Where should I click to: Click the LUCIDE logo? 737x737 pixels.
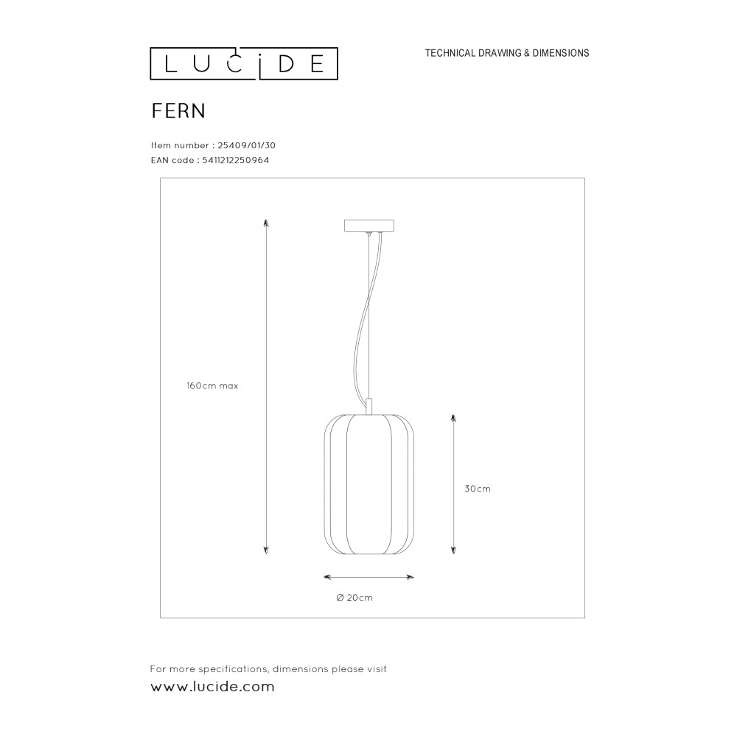point(244,63)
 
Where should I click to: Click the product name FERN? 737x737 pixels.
point(178,111)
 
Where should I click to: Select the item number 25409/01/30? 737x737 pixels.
point(246,146)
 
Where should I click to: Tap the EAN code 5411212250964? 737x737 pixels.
point(236,160)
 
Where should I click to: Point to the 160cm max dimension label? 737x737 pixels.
point(212,386)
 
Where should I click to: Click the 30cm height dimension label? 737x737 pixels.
point(478,489)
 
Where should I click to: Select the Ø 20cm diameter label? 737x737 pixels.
point(355,598)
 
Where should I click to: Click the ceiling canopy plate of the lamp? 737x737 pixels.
point(369,226)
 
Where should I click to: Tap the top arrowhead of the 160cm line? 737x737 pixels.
point(266,223)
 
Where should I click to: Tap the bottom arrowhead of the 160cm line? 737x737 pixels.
point(266,551)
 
